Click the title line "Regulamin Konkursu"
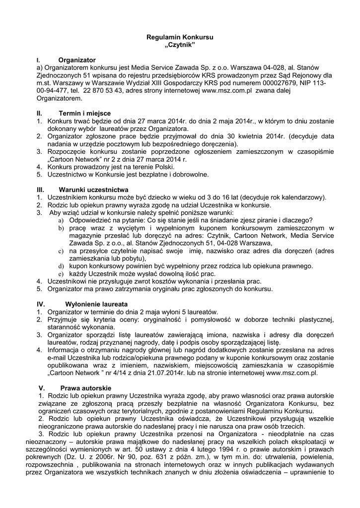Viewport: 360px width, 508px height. point(180,38)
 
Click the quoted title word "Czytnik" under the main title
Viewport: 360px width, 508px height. point(180,46)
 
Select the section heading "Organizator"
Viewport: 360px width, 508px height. point(76,60)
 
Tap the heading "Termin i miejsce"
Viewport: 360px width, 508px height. point(84,113)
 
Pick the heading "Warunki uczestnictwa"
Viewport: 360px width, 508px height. point(93,190)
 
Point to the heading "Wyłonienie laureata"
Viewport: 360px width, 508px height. point(96,304)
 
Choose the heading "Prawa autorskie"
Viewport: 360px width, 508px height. point(86,388)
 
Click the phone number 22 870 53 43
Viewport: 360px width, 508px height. point(103,91)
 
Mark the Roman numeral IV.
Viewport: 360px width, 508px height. point(41,304)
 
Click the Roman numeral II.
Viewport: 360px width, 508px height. point(40,113)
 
